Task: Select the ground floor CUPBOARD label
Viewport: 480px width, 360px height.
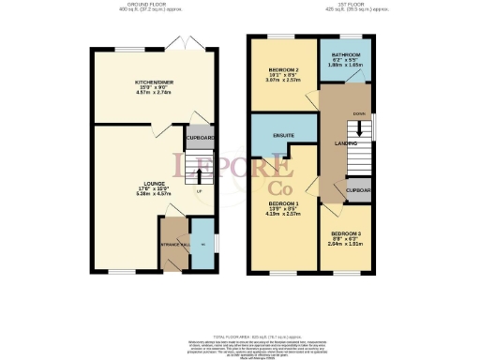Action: click(199, 138)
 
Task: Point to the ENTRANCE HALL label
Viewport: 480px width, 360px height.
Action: click(174, 245)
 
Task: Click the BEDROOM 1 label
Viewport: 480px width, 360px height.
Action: click(282, 203)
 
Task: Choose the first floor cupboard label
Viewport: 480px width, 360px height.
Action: click(361, 190)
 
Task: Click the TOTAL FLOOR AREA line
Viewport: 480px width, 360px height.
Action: click(240, 336)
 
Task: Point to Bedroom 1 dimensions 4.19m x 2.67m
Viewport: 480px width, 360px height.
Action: click(282, 215)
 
